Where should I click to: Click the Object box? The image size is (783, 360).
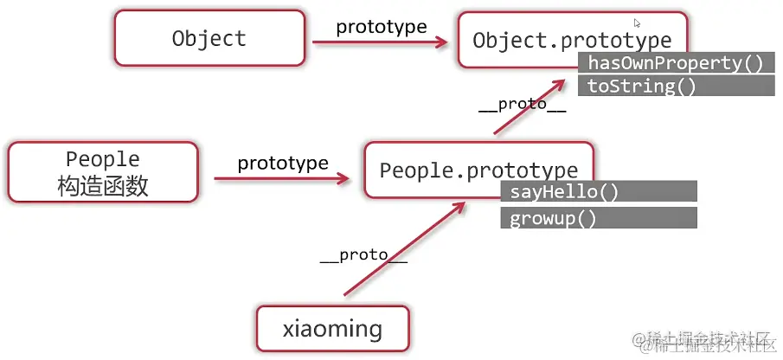(x=209, y=39)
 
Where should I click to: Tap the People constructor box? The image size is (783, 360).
(x=103, y=173)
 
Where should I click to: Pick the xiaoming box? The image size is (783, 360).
(x=332, y=329)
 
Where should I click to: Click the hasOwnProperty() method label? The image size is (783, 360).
(x=676, y=63)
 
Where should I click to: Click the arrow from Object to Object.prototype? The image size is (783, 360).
(x=381, y=40)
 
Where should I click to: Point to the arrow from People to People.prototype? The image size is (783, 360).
(x=282, y=178)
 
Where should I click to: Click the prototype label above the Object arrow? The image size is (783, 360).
(x=381, y=26)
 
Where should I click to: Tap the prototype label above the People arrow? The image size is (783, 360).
(x=283, y=163)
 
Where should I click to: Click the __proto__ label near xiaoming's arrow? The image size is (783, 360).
(x=363, y=255)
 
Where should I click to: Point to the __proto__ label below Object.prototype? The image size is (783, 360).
(x=522, y=105)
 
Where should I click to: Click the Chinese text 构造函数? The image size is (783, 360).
(x=103, y=186)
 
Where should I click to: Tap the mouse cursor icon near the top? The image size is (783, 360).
(x=637, y=23)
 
